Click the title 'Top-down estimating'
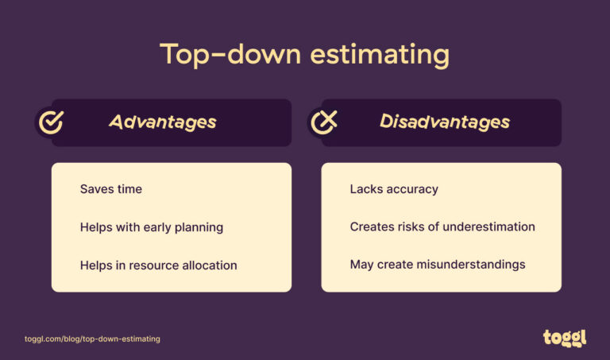304,55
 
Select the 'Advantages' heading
162,122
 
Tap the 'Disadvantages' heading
444,122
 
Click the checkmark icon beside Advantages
52,122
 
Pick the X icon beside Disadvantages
322,122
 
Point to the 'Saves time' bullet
110,189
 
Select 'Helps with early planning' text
151,227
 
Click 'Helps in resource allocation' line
158,265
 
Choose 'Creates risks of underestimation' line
442,227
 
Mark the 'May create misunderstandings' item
437,265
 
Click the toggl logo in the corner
565,337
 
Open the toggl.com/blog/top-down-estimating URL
92,339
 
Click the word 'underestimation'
489,227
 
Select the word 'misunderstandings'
473,265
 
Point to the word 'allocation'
208,265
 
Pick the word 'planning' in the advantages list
199,228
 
